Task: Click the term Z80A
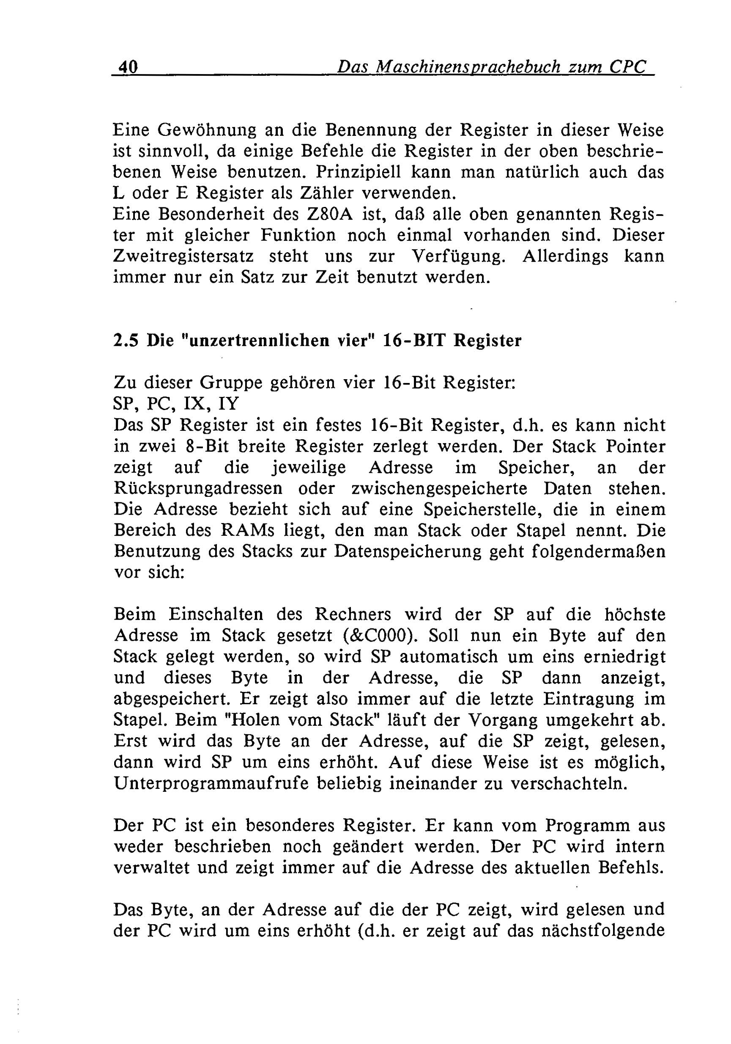coord(329,214)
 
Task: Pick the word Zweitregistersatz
coord(183,256)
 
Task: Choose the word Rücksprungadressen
coord(198,488)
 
